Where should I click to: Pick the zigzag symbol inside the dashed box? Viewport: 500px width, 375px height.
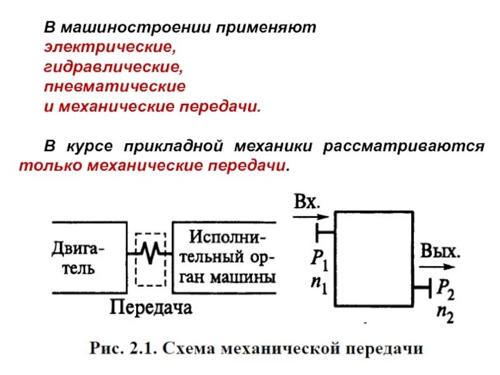pos(150,252)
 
